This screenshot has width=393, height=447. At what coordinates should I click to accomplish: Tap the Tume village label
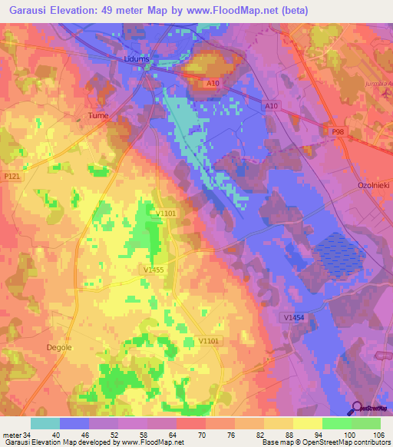pos(96,116)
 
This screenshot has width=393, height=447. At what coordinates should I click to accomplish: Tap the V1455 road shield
pos(154,270)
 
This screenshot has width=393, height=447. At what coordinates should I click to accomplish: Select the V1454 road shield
pos(292,317)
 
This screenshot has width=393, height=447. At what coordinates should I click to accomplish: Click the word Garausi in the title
pos(26,10)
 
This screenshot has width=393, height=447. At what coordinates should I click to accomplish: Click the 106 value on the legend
pos(378,434)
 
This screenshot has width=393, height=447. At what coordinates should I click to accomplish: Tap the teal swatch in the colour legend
pos(45,423)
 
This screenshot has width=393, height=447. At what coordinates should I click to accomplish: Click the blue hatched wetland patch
pos(335,257)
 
